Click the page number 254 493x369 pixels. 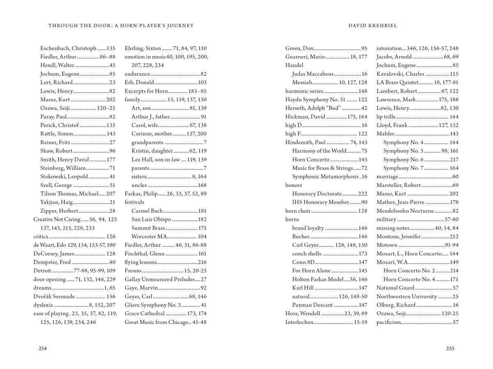[43, 348]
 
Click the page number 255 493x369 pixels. [450, 348]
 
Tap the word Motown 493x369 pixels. [387, 245]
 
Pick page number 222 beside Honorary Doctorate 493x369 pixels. [362, 194]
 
